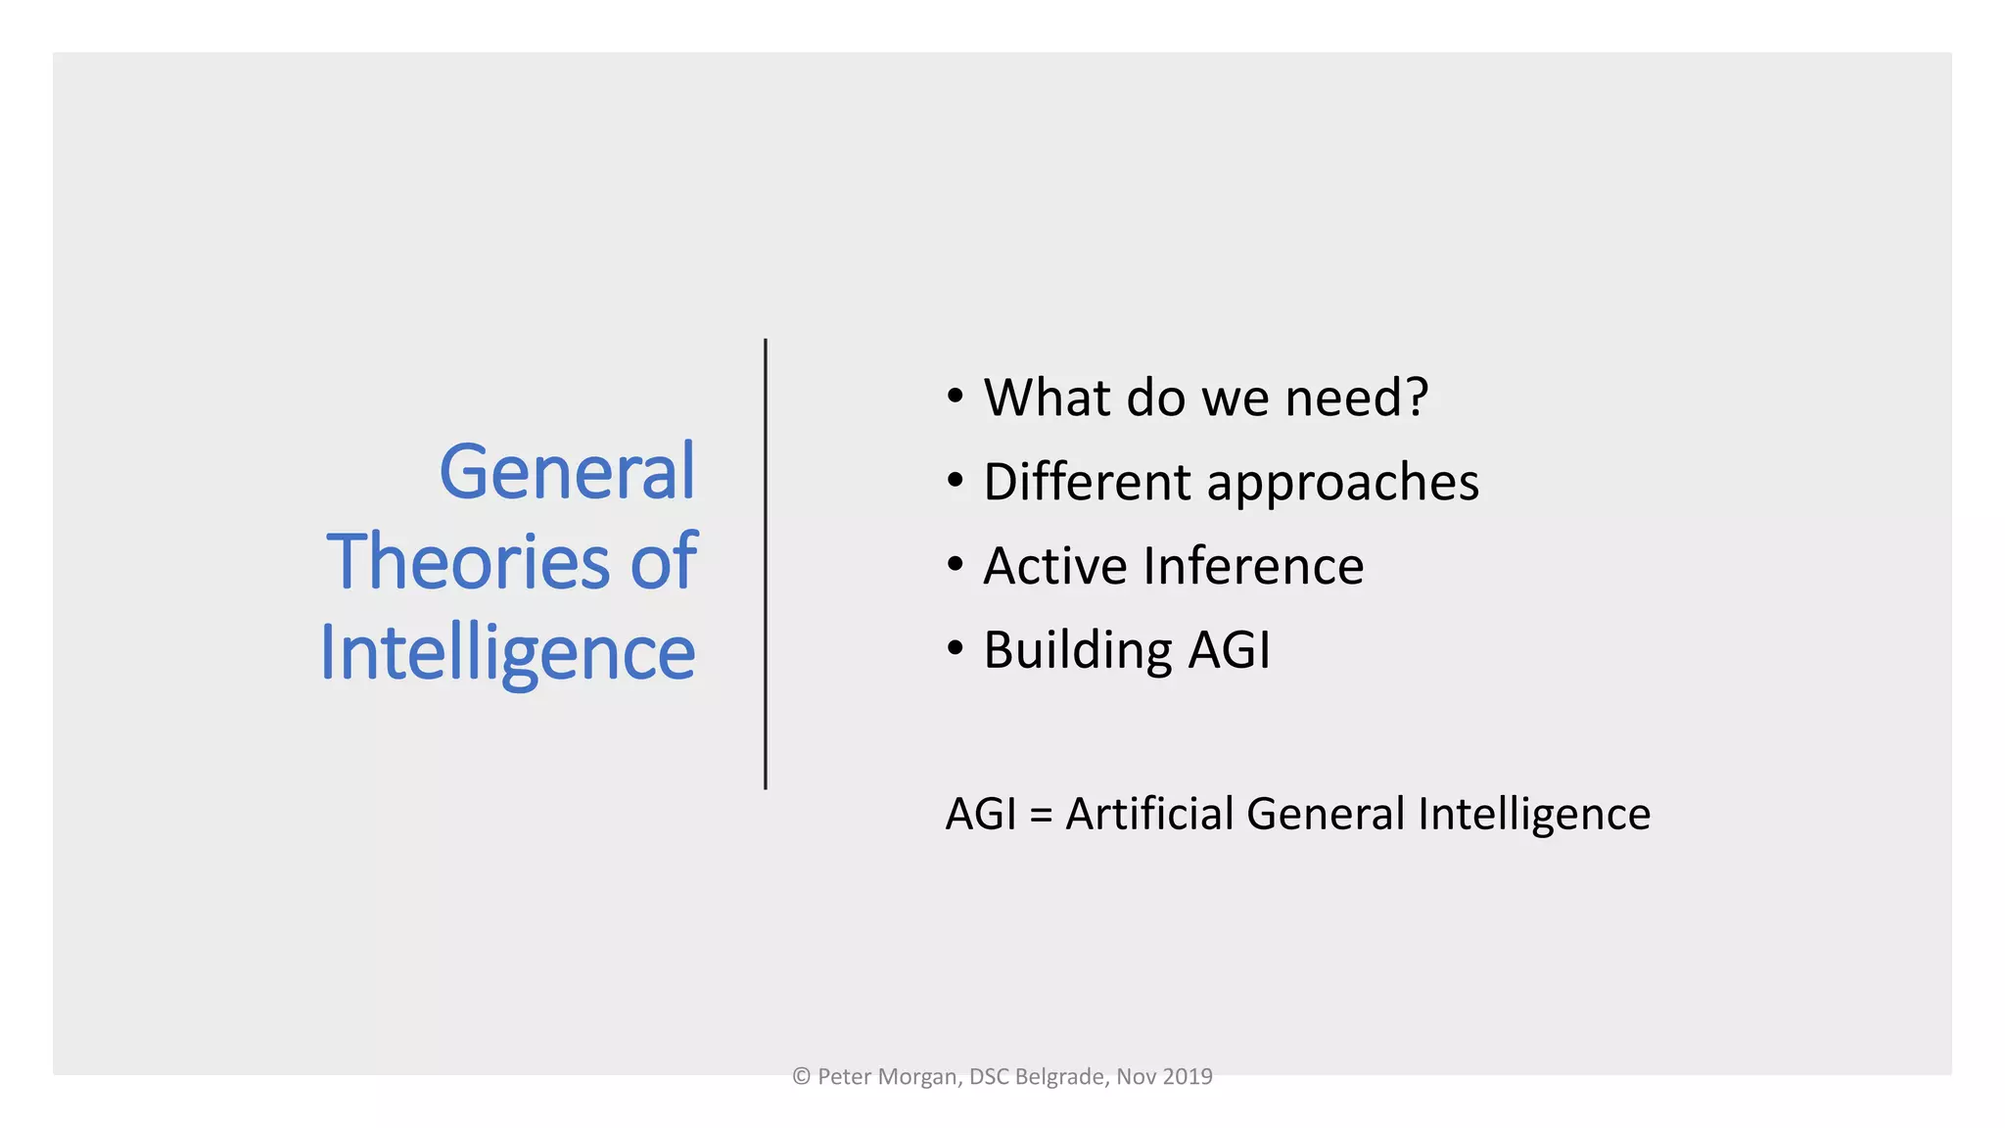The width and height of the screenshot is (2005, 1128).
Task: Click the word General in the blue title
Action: click(567, 472)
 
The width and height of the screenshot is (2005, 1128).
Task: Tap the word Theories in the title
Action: click(469, 562)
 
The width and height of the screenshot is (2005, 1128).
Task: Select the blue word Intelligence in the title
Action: click(508, 653)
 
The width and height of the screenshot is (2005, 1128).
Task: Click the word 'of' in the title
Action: click(664, 562)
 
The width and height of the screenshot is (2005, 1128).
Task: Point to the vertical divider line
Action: click(766, 564)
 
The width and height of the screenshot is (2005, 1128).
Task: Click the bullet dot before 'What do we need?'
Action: click(956, 397)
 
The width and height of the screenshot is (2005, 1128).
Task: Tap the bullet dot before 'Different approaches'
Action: click(956, 481)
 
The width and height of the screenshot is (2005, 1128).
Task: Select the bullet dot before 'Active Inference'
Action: click(956, 565)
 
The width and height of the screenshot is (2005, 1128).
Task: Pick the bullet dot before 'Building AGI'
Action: click(956, 649)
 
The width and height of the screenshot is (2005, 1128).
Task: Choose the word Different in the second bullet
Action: click(1088, 482)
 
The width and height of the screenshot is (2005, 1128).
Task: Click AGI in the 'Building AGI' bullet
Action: click(1229, 650)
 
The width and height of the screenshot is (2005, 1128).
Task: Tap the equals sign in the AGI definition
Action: click(1041, 815)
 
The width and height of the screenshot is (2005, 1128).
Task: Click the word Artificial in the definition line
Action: click(1149, 814)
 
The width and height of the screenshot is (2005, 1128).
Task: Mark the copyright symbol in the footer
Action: click(802, 1077)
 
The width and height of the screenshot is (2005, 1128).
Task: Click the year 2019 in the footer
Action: click(1188, 1077)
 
